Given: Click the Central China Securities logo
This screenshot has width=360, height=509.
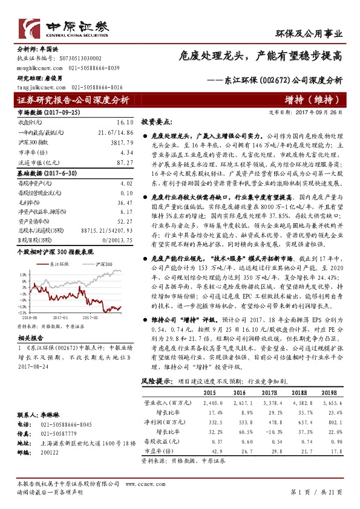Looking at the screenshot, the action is [64, 27].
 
